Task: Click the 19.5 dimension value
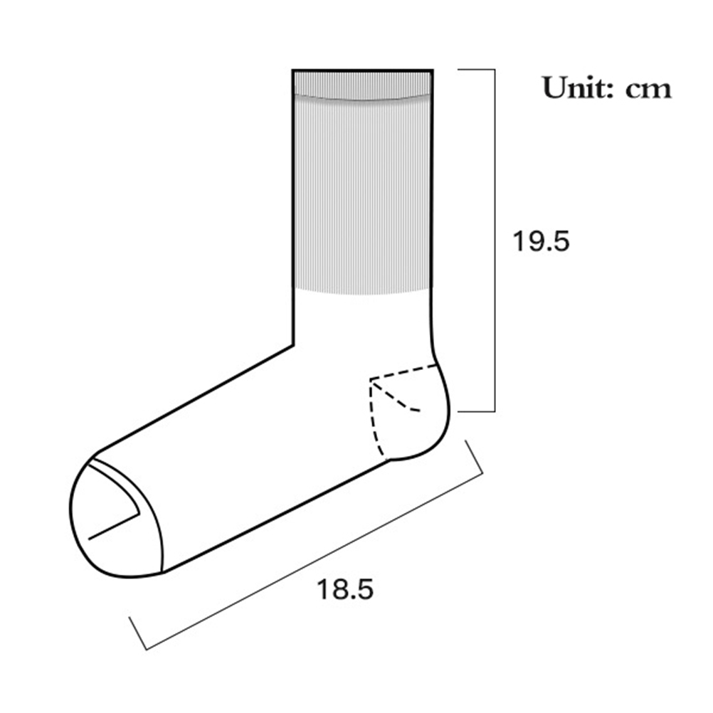click(541, 241)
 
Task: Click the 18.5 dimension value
click(344, 589)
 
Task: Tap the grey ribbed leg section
click(362, 196)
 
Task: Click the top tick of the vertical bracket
click(476, 70)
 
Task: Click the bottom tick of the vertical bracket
click(476, 412)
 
